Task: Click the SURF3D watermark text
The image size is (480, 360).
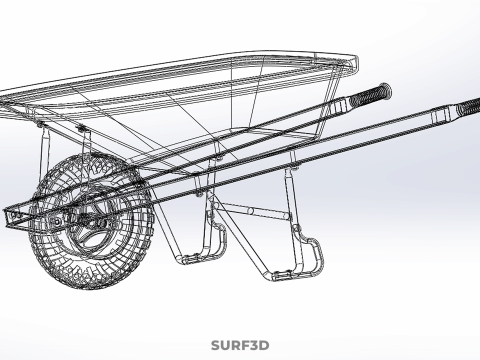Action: coord(240,346)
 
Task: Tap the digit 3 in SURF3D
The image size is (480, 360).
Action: coord(254,346)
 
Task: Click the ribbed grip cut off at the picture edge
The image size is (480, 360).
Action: coord(466,106)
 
